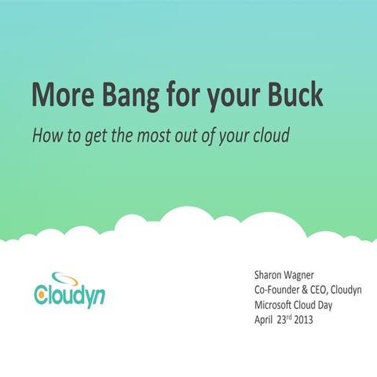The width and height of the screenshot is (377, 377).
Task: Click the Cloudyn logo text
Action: tap(71, 297)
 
